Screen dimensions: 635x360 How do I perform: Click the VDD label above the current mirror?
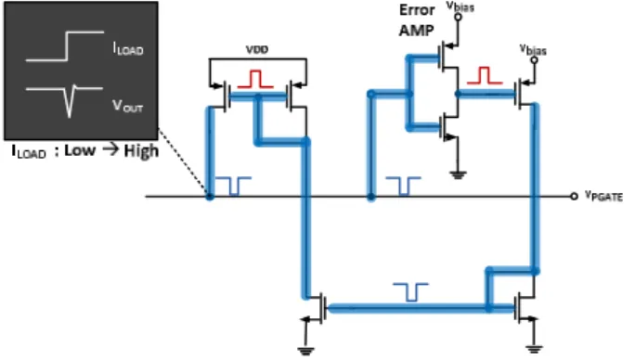tap(257, 49)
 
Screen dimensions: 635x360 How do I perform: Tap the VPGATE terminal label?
tap(603, 196)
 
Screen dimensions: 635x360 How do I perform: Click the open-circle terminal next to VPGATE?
tap(574, 197)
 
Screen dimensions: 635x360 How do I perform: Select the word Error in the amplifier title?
tap(417, 10)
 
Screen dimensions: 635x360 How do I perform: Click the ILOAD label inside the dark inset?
tap(128, 48)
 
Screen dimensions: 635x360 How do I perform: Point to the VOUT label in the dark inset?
tap(127, 106)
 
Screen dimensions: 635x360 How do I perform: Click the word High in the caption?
tap(141, 151)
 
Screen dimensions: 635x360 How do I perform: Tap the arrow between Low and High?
tap(110, 149)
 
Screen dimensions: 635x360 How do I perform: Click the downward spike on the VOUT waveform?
tap(70, 101)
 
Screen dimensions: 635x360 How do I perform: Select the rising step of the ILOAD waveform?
tap(66, 46)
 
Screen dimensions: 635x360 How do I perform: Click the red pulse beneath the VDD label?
tap(255, 79)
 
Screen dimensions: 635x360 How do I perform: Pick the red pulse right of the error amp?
tap(485, 76)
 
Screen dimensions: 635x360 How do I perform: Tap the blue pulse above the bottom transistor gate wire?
tap(411, 292)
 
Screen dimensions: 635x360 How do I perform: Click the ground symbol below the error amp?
tap(458, 175)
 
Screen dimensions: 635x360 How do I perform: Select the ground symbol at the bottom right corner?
tap(534, 348)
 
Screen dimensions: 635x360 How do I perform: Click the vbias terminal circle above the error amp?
tap(458, 17)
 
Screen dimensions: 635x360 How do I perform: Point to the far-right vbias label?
tap(533, 50)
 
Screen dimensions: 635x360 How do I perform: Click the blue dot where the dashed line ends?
tap(210, 197)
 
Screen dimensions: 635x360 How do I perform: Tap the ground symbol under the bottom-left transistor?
tap(305, 351)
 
